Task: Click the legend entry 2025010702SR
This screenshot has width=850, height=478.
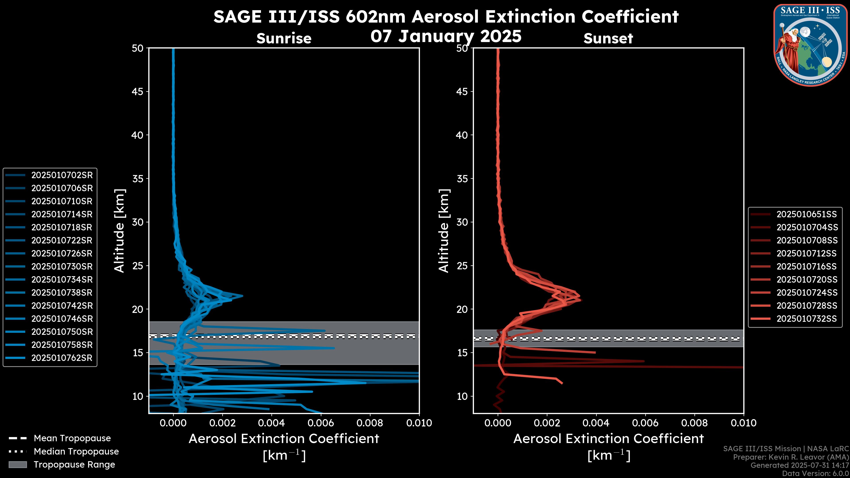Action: click(62, 175)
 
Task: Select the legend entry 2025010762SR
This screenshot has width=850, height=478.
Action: click(62, 358)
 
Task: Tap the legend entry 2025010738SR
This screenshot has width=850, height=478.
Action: click(62, 293)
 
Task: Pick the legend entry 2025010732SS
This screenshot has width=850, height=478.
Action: click(806, 319)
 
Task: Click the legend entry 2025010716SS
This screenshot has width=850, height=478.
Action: click(806, 266)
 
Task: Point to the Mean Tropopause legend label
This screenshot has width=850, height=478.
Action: click(72, 438)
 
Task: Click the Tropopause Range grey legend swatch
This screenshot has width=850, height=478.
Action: click(17, 465)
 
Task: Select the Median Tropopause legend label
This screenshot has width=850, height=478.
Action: click(76, 452)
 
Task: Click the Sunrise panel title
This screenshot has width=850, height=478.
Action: click(284, 39)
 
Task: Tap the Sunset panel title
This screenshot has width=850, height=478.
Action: click(608, 39)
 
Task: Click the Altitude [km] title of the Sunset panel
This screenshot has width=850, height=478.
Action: click(444, 231)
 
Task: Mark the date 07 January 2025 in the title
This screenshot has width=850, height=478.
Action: click(446, 36)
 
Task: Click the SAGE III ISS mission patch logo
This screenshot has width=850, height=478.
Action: click(810, 45)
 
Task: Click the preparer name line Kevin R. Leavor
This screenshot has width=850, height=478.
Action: click(791, 457)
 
